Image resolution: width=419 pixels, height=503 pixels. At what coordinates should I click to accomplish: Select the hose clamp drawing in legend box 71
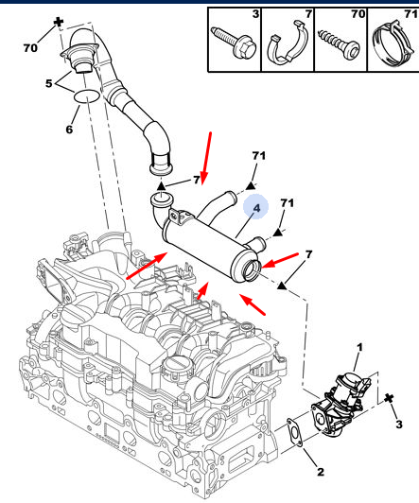coord(393,43)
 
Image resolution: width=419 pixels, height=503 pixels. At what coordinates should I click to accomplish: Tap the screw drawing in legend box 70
coord(339,44)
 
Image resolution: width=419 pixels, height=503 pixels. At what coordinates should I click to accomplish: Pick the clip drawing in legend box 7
coord(288,43)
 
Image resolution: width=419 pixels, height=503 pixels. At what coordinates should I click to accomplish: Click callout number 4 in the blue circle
coord(256,208)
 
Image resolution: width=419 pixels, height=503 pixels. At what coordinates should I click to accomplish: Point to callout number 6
coord(69,130)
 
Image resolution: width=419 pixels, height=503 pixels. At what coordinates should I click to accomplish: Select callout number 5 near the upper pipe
coord(49,83)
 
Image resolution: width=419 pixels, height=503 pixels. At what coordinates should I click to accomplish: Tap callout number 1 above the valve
coord(359,347)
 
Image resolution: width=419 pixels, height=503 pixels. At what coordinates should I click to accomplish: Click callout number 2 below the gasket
coord(321,472)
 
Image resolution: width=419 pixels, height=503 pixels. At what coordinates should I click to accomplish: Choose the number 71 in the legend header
coord(410,14)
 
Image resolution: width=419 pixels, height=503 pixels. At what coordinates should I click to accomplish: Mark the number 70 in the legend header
coord(358,14)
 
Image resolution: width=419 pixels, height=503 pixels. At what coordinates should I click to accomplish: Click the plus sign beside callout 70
coord(59,22)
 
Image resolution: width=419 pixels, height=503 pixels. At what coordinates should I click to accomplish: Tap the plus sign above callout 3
coord(389,398)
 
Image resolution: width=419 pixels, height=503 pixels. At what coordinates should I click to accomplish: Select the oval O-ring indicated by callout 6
coord(87,96)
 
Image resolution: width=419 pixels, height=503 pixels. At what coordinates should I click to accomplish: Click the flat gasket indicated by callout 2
coord(294,432)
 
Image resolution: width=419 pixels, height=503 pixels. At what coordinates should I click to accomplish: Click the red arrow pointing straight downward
coord(206,159)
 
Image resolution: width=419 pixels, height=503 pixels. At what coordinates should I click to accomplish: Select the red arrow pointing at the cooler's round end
coord(280,260)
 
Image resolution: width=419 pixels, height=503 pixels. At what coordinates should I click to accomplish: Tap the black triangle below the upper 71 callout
coord(251,185)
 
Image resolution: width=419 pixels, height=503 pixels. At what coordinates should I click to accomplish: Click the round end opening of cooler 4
coord(252,269)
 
